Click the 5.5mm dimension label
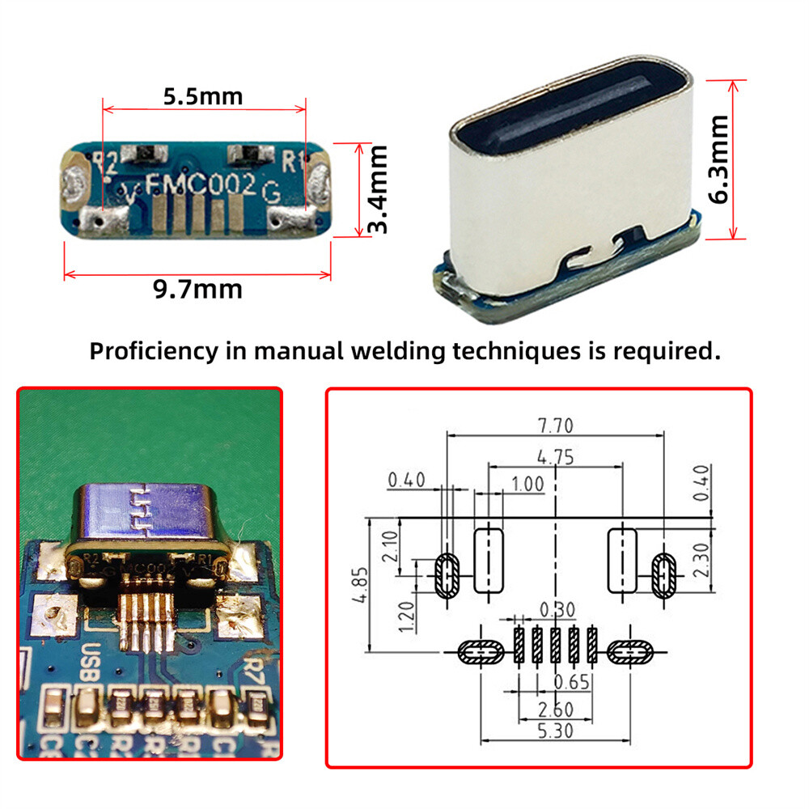[x=203, y=96]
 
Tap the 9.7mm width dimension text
[x=197, y=289]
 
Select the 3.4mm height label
[x=377, y=189]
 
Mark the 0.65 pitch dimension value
[x=571, y=682]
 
